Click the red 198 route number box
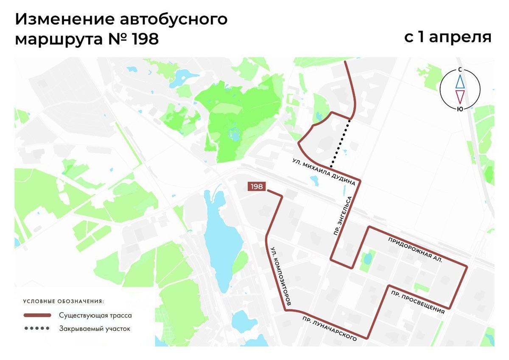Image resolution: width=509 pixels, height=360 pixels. (x=257, y=187)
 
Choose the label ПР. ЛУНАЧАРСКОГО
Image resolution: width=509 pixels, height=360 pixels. (x=329, y=328)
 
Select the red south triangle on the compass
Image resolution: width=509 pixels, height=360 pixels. (x=460, y=96)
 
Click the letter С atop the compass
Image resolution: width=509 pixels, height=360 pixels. (x=460, y=69)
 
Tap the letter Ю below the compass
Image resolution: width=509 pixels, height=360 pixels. (x=460, y=109)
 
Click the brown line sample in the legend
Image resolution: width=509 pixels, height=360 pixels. (x=38, y=315)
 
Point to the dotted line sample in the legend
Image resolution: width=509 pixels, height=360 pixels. (x=38, y=328)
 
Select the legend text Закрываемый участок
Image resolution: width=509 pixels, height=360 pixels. (x=95, y=328)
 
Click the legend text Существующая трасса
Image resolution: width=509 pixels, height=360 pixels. (x=95, y=315)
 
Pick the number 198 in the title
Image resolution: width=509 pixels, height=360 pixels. (x=145, y=39)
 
